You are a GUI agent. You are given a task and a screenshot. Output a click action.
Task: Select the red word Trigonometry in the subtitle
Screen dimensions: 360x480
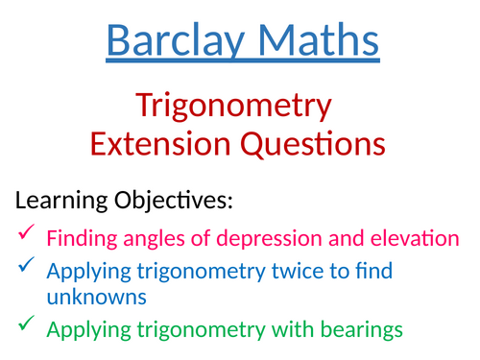[233, 105]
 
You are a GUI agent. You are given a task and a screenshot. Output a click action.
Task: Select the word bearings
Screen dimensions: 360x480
[354, 331]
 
